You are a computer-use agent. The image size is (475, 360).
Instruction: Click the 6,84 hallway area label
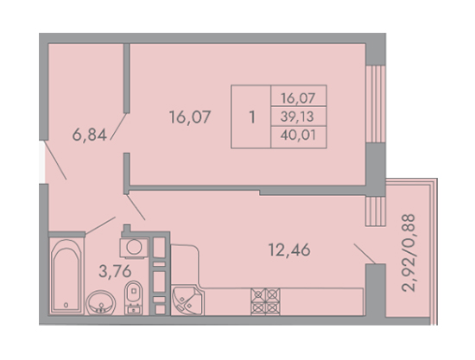(90, 135)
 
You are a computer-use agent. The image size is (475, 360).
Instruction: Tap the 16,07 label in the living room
(190, 117)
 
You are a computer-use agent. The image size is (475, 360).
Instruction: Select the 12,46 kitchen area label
(289, 250)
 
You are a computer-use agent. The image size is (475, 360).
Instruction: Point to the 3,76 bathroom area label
(115, 271)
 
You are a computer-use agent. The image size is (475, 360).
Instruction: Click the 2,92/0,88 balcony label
(408, 253)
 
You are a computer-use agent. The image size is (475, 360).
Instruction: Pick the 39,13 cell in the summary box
(297, 117)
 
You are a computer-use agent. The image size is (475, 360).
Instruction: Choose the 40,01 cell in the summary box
(299, 135)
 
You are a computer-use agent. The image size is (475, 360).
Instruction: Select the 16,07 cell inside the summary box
(298, 98)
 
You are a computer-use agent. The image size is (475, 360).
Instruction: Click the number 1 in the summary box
(252, 117)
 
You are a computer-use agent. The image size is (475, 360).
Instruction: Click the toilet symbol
(133, 297)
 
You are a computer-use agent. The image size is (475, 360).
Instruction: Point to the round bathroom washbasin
(100, 303)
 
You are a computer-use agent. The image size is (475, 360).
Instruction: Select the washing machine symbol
(134, 247)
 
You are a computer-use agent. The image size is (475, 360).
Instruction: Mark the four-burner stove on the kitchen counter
(266, 301)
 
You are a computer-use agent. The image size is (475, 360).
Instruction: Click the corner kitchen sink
(187, 301)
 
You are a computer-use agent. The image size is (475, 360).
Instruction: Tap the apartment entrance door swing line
(55, 161)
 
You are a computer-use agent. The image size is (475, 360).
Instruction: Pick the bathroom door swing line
(100, 225)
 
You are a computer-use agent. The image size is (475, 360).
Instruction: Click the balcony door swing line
(365, 254)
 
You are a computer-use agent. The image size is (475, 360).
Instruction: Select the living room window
(376, 104)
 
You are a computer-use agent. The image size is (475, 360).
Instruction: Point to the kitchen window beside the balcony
(376, 211)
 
